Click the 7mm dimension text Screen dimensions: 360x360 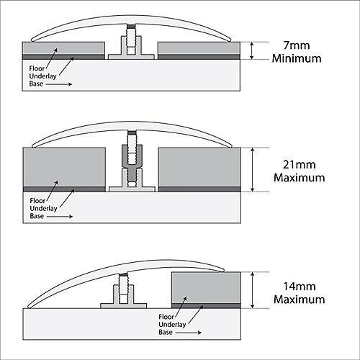[297, 45]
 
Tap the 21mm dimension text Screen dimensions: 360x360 [299, 165]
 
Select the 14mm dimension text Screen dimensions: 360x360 [300, 287]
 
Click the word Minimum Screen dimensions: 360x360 [297, 58]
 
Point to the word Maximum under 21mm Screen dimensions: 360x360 [300, 178]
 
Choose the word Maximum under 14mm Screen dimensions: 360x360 [300, 300]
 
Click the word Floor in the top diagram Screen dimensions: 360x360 [37, 68]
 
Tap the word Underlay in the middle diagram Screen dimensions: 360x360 [43, 208]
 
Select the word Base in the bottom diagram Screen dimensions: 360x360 [166, 332]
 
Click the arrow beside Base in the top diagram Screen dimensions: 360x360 [59, 84]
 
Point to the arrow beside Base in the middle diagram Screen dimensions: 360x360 [60, 217]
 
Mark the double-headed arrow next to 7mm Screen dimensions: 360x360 [251, 50]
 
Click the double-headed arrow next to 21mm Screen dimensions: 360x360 [252, 170]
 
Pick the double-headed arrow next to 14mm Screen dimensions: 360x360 [252, 290]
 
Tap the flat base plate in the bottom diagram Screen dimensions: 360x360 [123, 306]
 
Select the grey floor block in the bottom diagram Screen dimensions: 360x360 [206, 288]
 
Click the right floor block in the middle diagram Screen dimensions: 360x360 [199, 167]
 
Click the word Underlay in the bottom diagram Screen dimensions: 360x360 [172, 325]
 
